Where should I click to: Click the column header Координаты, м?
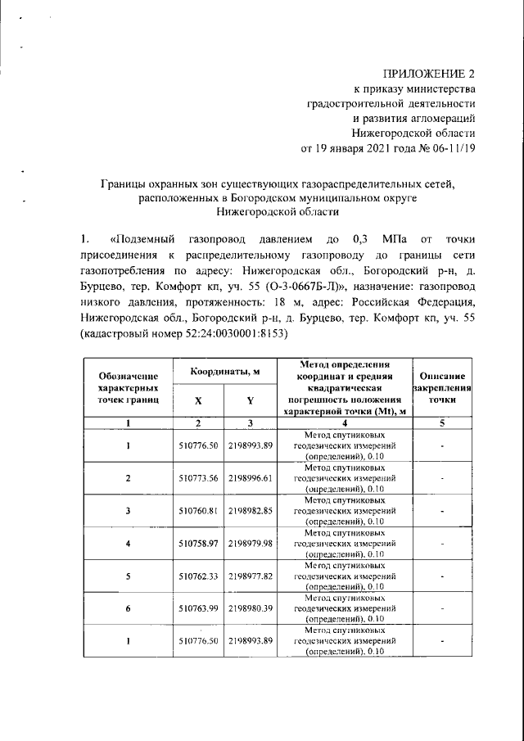tap(225, 372)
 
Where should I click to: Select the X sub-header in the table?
tap(197, 400)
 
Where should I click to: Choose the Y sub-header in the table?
tap(251, 400)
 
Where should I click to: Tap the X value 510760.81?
tap(197, 510)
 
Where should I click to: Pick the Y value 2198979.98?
tap(251, 543)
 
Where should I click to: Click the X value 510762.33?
tap(197, 576)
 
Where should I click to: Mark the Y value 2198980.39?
tap(251, 608)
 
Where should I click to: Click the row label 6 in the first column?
tap(128, 608)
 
